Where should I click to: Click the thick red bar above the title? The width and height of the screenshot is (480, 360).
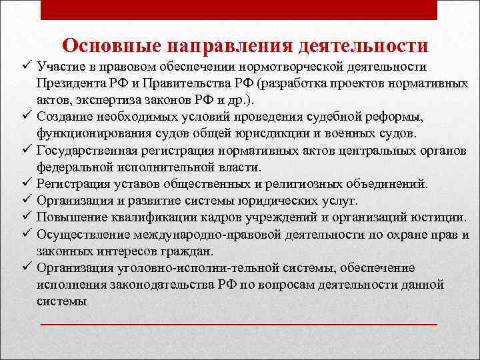pos(239,9)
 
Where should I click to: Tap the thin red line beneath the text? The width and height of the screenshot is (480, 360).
pos(239,324)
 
